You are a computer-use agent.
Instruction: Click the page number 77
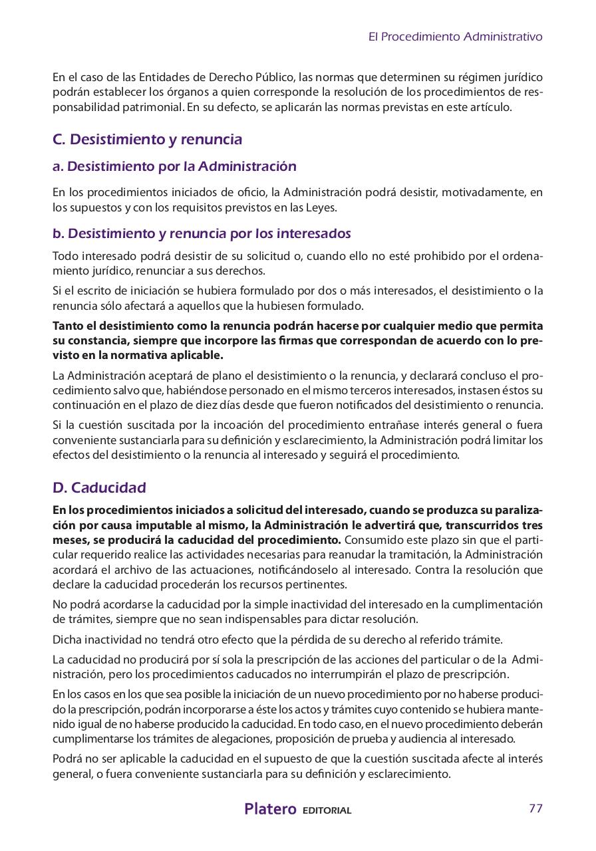535,808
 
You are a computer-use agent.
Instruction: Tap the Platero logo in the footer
270,809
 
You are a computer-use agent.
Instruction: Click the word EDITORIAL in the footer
327,810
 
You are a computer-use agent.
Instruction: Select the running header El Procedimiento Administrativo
455,37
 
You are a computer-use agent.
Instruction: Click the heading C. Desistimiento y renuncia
147,140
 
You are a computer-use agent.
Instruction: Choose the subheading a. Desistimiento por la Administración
174,166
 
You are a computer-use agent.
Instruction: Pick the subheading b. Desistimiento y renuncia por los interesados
202,234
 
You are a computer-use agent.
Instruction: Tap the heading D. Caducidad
99,487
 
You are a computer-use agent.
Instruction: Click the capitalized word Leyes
322,207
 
